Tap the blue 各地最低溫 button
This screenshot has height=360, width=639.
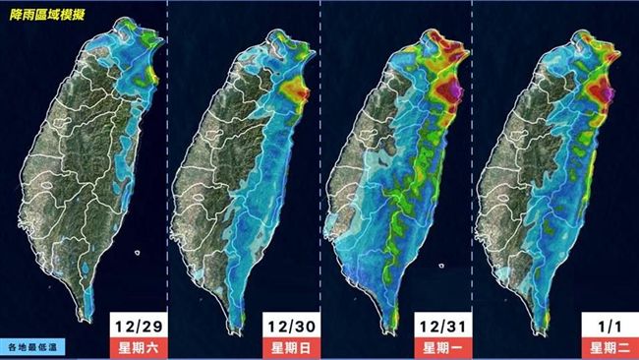click(37, 346)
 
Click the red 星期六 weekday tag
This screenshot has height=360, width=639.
click(136, 347)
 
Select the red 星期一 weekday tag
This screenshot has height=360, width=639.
click(441, 347)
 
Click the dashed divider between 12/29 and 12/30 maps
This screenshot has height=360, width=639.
click(168, 177)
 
